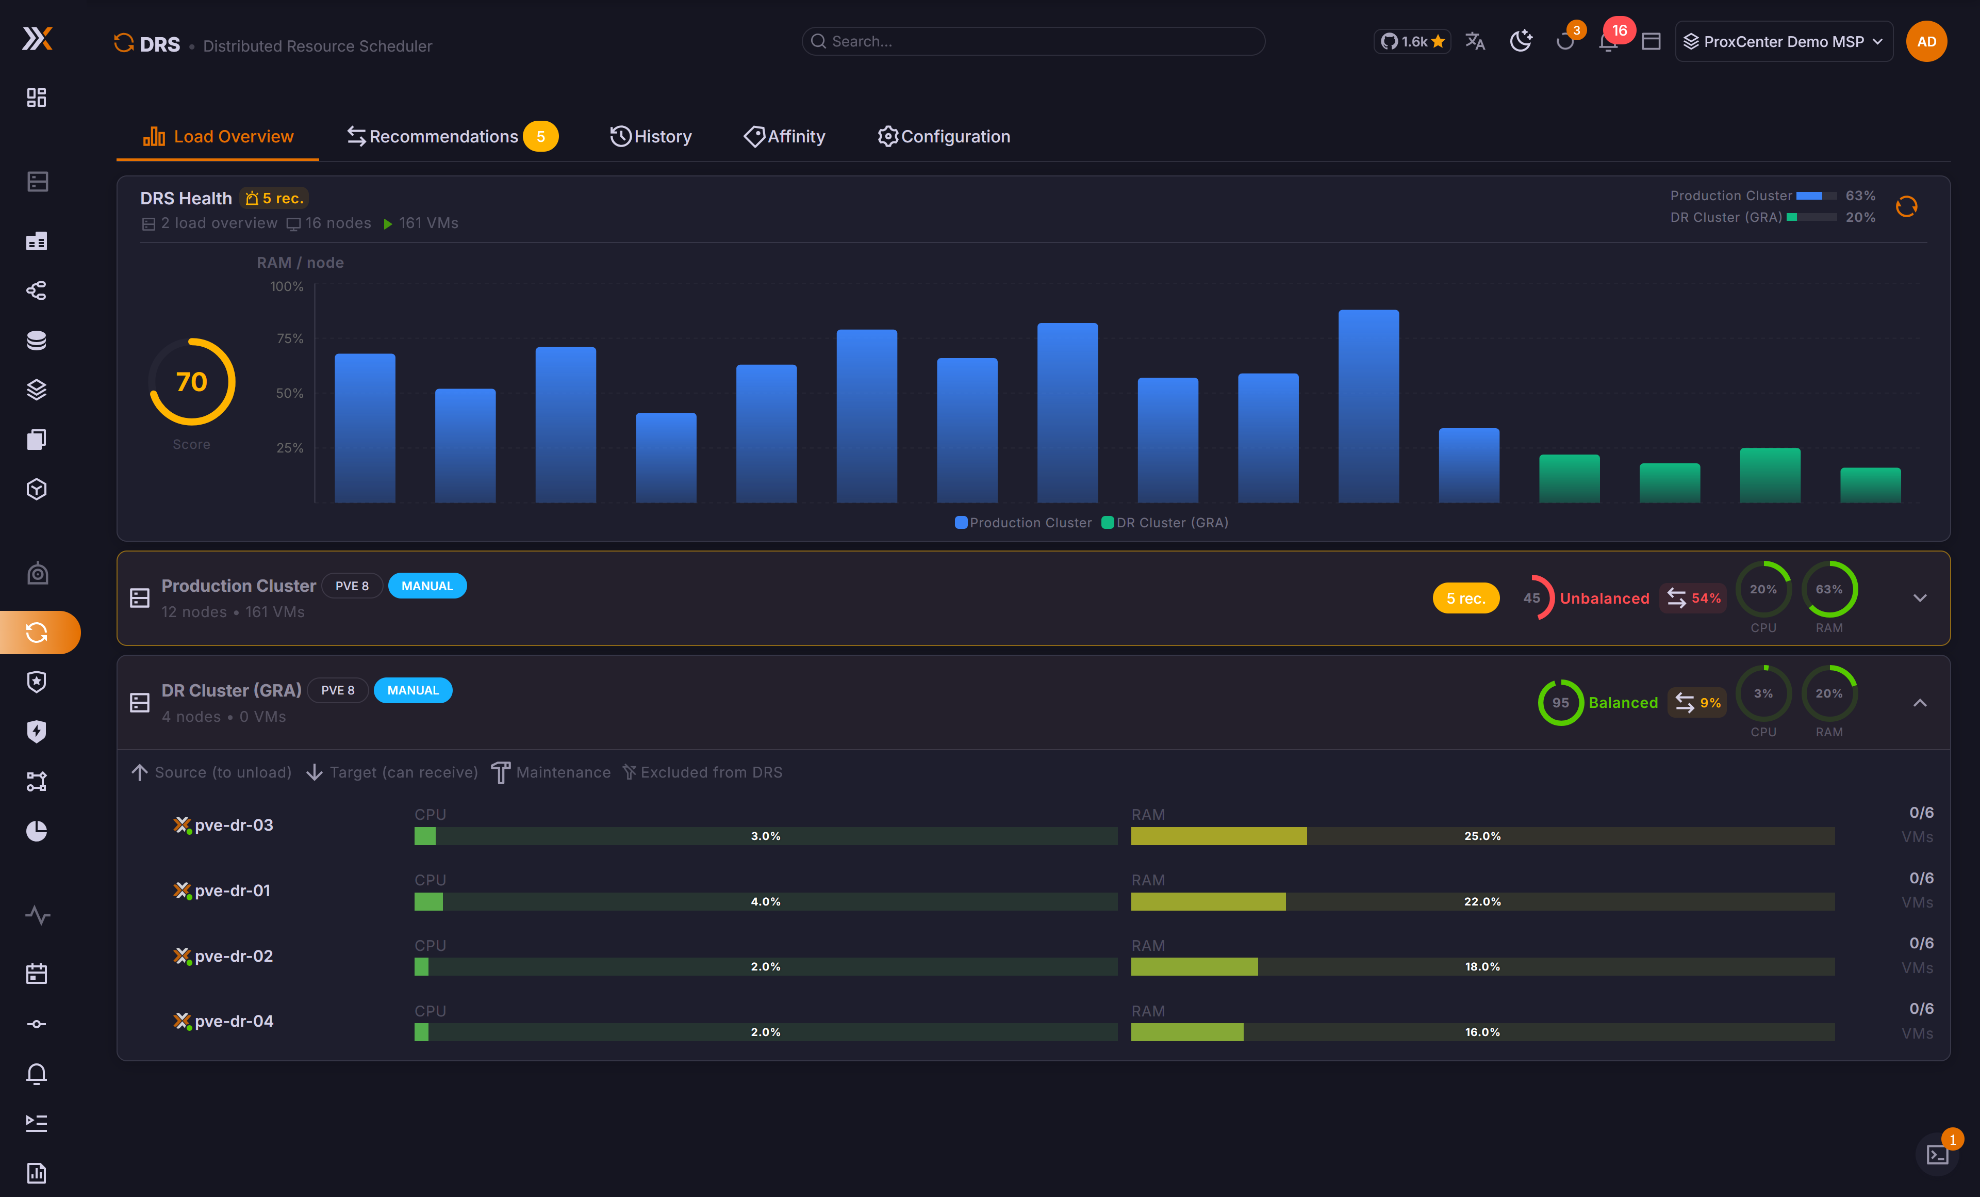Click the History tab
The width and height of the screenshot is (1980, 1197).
(651, 137)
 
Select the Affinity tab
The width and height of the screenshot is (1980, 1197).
(785, 137)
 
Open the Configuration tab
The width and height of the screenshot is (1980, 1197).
(944, 137)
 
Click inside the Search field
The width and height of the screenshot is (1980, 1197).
(1033, 41)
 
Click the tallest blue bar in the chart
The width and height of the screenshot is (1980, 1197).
(1368, 406)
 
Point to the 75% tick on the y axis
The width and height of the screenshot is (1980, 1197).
(290, 338)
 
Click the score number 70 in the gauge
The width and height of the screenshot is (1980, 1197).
(191, 381)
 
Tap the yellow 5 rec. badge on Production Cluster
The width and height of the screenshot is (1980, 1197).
(1466, 598)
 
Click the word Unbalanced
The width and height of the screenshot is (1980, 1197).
(1604, 598)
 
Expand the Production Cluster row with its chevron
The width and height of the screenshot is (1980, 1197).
(1920, 598)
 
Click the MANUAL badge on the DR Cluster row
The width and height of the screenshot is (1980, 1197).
(413, 690)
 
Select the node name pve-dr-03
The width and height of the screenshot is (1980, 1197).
(234, 825)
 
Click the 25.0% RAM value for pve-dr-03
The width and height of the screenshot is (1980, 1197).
(1482, 836)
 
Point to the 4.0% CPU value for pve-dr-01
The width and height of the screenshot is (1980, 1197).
(766, 901)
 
